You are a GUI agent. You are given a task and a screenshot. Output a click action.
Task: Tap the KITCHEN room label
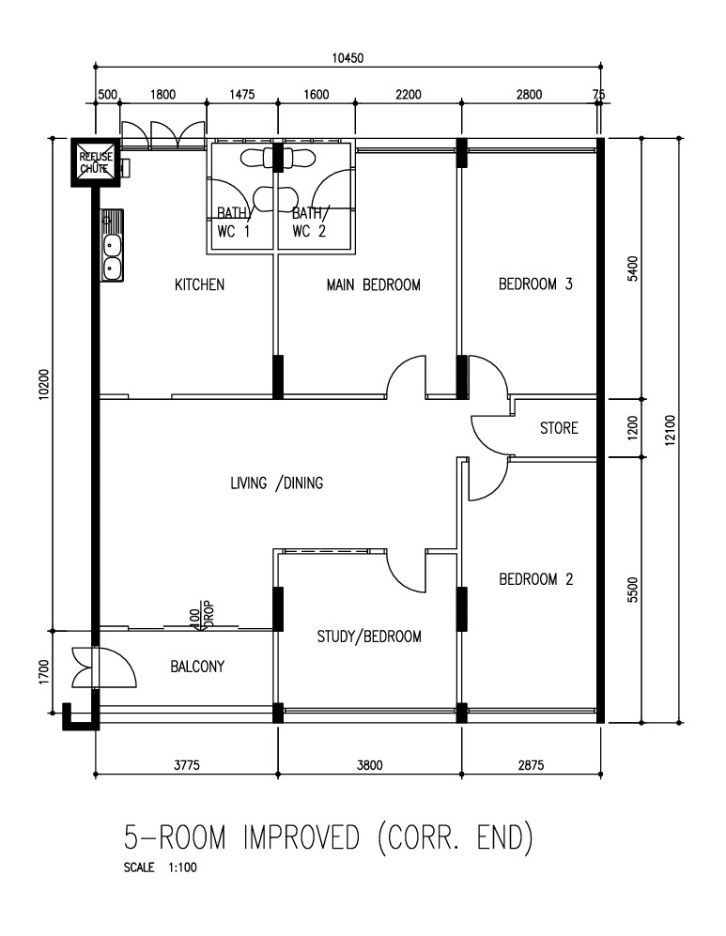tap(199, 284)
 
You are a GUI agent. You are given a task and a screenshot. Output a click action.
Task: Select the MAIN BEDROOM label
tap(373, 284)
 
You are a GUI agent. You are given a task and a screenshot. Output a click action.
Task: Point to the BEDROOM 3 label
tap(534, 284)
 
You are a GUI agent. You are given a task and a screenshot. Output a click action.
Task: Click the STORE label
tap(559, 428)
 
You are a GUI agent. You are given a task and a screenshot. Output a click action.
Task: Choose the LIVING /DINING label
tap(276, 483)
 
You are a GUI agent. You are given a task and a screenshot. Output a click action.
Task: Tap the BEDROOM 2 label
tap(534, 579)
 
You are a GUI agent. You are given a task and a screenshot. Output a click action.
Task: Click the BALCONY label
tap(197, 667)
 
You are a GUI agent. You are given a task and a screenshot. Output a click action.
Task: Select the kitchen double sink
tap(112, 248)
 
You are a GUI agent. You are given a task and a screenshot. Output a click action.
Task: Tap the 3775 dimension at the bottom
tap(186, 765)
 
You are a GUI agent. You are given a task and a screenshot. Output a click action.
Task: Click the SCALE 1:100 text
tap(160, 867)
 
